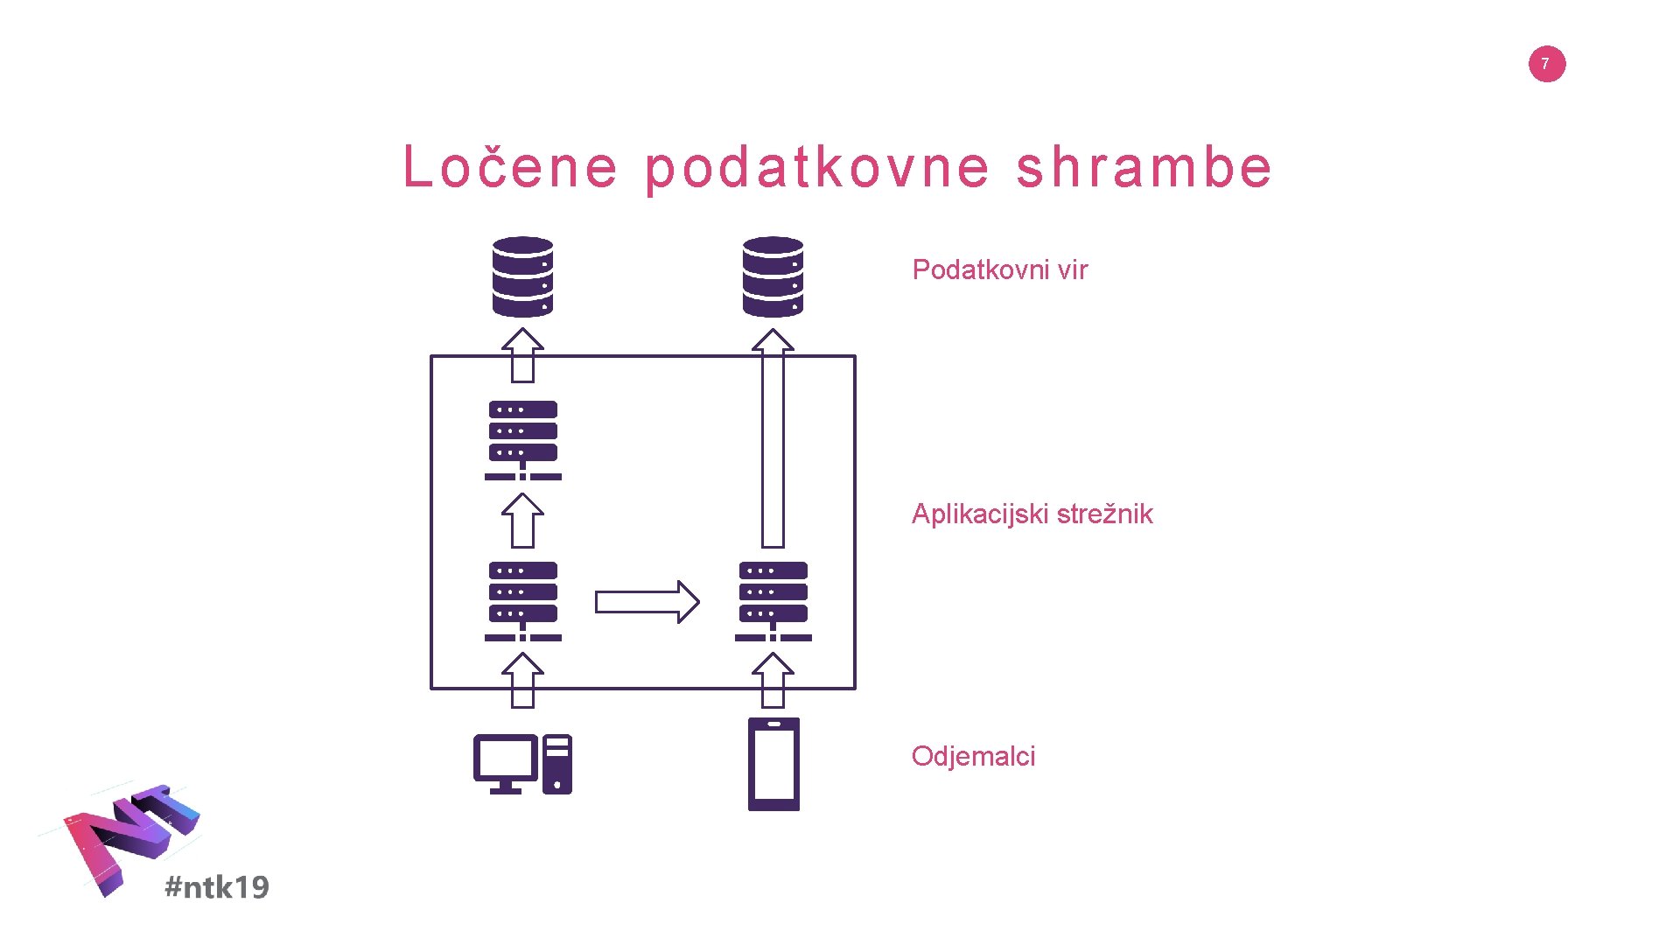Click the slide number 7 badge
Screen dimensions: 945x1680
pos(1546,64)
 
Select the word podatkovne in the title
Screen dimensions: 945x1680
pos(817,168)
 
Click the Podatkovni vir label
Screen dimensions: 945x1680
pos(999,269)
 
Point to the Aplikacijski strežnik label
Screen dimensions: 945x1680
pos(1032,514)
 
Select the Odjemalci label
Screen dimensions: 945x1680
pos(973,756)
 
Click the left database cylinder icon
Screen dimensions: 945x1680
pos(522,276)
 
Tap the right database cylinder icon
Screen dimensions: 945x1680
pos(773,276)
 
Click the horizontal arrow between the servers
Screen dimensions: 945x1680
pos(647,602)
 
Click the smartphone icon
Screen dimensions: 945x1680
pos(773,764)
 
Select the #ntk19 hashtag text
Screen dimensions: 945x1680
pos(217,887)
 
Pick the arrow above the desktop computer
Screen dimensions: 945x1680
pos(522,681)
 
